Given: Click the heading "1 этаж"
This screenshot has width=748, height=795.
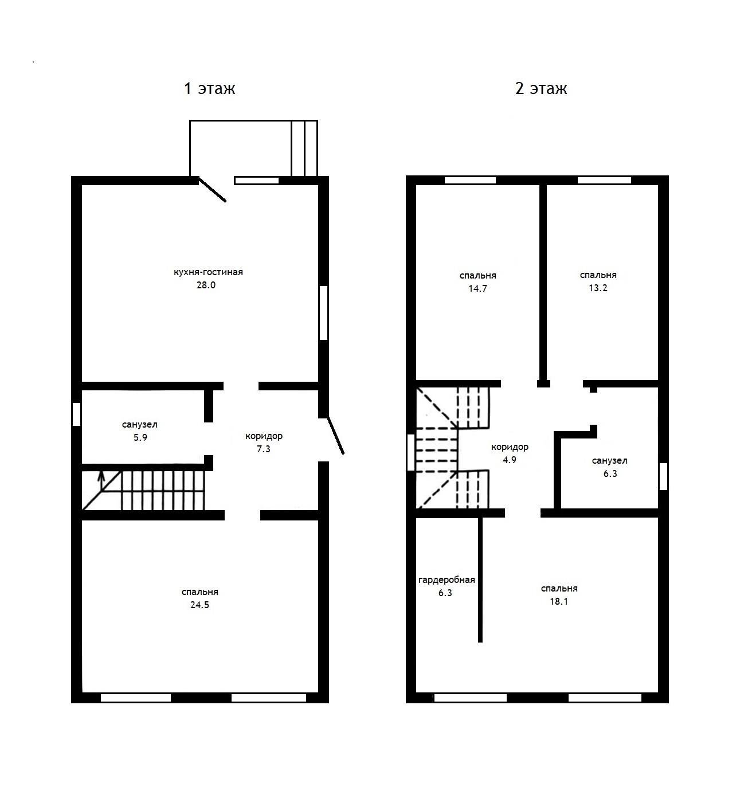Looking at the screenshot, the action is (209, 88).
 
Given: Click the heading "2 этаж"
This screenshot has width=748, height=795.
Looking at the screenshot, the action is (541, 88).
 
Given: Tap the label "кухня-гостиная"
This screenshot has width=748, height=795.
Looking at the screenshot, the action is (208, 272).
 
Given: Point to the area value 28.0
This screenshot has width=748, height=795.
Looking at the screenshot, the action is (206, 285).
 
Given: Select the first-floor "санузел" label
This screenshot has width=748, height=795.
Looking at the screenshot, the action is (140, 425).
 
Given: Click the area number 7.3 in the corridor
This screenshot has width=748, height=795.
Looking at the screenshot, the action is (264, 449).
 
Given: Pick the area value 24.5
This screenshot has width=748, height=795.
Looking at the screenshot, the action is (199, 605).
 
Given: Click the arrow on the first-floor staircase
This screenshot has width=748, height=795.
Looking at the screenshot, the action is (101, 481).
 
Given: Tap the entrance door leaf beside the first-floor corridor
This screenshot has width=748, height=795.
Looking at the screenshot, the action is (335, 436).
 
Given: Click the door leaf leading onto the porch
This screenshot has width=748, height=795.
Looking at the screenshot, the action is (213, 190).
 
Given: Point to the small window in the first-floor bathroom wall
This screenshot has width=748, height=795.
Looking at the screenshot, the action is (76, 414).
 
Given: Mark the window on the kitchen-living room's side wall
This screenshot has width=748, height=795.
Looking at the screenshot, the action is (323, 313).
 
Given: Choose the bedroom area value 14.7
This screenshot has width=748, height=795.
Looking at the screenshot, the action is (477, 289).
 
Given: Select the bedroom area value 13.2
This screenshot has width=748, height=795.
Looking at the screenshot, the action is (598, 288).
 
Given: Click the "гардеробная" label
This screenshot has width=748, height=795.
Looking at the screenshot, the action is (447, 580).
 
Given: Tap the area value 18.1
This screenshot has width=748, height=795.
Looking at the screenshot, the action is (559, 602).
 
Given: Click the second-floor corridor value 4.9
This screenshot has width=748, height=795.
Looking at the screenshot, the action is (510, 460).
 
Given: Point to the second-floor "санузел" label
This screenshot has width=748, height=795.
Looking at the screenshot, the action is (609, 461).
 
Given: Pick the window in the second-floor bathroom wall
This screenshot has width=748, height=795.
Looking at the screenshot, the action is (664, 476).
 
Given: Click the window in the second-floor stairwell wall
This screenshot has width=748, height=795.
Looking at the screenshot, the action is (411, 452).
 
